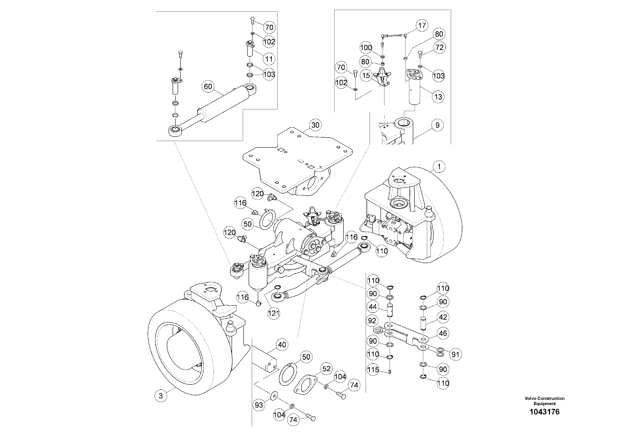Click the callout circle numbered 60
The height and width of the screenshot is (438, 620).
point(208,87)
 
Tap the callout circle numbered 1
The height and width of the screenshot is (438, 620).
point(439,167)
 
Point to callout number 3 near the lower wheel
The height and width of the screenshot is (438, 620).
point(161,396)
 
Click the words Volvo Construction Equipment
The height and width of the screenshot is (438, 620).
point(544,401)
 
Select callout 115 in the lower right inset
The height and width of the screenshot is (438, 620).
point(373,369)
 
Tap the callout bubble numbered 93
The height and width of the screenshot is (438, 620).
point(259,405)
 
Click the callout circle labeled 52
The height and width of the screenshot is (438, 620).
point(327,369)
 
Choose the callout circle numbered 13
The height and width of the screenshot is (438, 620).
point(438,97)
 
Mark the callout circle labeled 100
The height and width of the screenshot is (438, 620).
point(366,48)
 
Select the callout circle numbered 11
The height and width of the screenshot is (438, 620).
point(269,59)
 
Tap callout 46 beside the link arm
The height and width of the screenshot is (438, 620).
point(443,333)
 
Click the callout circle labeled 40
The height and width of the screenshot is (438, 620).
point(282,345)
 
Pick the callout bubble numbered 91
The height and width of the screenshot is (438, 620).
point(455,354)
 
